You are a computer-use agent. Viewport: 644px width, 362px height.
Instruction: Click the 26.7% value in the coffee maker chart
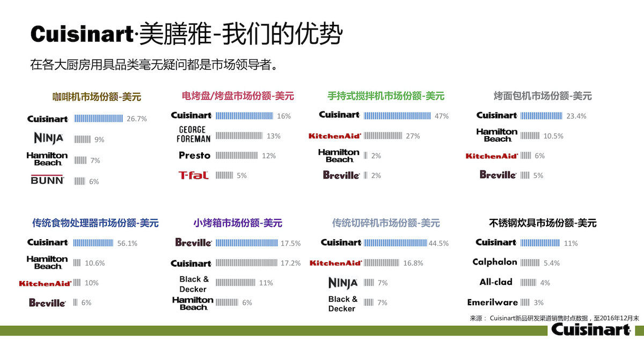tap(136, 119)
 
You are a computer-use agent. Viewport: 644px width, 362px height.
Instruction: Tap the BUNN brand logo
tap(47, 180)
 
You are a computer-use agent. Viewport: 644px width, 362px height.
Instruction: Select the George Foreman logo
tap(193, 134)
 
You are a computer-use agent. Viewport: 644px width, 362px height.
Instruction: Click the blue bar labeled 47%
tap(397, 116)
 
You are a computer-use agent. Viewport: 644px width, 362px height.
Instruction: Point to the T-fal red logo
tap(194, 175)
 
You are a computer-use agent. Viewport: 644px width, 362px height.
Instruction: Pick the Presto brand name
tap(194, 156)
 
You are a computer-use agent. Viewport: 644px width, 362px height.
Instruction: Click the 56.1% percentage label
tap(127, 243)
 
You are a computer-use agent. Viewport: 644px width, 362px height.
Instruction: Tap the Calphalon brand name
tap(495, 262)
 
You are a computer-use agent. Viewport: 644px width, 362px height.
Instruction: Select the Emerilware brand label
tap(493, 302)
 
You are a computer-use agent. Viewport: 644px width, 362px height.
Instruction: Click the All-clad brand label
tap(496, 282)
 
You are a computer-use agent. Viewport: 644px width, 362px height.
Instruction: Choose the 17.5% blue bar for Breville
tap(247, 243)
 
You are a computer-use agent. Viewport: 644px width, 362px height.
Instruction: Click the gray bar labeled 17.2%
tap(246, 263)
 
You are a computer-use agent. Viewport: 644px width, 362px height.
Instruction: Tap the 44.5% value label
tap(438, 243)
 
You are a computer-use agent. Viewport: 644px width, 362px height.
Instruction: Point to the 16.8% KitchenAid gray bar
tap(382, 263)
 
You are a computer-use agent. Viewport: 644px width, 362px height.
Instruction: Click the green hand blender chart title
tap(386, 96)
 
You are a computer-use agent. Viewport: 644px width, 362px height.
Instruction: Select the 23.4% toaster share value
tap(576, 116)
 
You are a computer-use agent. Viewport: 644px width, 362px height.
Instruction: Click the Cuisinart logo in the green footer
tap(591, 329)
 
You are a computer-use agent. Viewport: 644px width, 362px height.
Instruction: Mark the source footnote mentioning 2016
tap(554, 318)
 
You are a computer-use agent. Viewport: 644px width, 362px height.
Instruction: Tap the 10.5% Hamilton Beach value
tap(553, 136)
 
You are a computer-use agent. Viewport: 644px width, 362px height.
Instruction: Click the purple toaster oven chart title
tap(238, 223)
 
